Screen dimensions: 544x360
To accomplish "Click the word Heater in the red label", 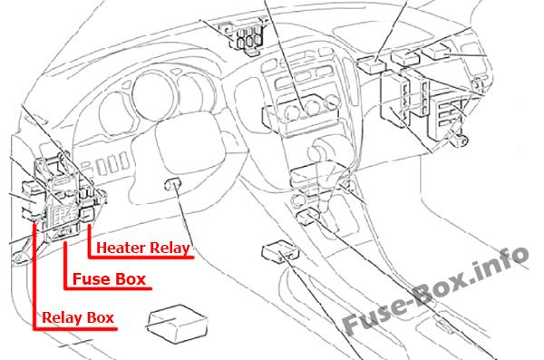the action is point(120,248).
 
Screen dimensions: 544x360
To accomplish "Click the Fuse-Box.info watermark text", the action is point(436,290).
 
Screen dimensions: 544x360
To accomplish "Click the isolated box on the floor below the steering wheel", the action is point(178,324).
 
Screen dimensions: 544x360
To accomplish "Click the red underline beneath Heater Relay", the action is point(141,258).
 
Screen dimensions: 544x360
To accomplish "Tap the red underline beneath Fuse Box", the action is point(108,288).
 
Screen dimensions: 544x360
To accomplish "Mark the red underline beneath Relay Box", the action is point(75,328).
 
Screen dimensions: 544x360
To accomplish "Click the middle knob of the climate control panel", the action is point(311,106).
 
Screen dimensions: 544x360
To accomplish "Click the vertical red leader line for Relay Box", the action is point(34,276).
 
